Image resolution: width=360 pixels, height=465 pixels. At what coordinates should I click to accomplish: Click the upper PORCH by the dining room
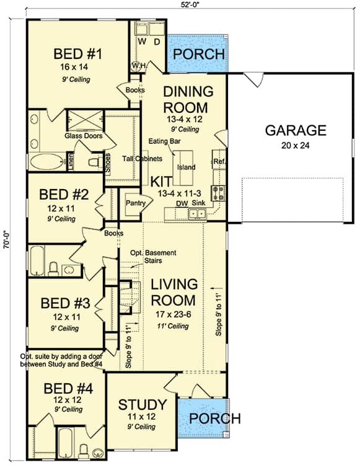(198, 54)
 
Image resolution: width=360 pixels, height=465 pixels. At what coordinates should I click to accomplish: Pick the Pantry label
(135, 203)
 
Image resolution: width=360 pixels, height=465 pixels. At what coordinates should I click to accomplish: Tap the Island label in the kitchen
(186, 167)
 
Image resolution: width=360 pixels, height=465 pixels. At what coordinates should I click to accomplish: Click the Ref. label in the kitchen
(219, 162)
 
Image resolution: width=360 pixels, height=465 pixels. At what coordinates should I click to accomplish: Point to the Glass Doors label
(83, 135)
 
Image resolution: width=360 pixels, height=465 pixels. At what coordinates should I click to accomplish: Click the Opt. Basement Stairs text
(153, 257)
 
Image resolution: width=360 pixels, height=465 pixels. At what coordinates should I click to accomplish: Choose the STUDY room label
(143, 405)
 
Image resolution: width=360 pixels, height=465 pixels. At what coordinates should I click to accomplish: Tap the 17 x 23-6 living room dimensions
(175, 314)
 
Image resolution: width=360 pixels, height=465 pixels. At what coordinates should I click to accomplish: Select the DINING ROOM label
(188, 99)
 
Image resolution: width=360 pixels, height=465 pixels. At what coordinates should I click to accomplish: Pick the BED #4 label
(68, 389)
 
